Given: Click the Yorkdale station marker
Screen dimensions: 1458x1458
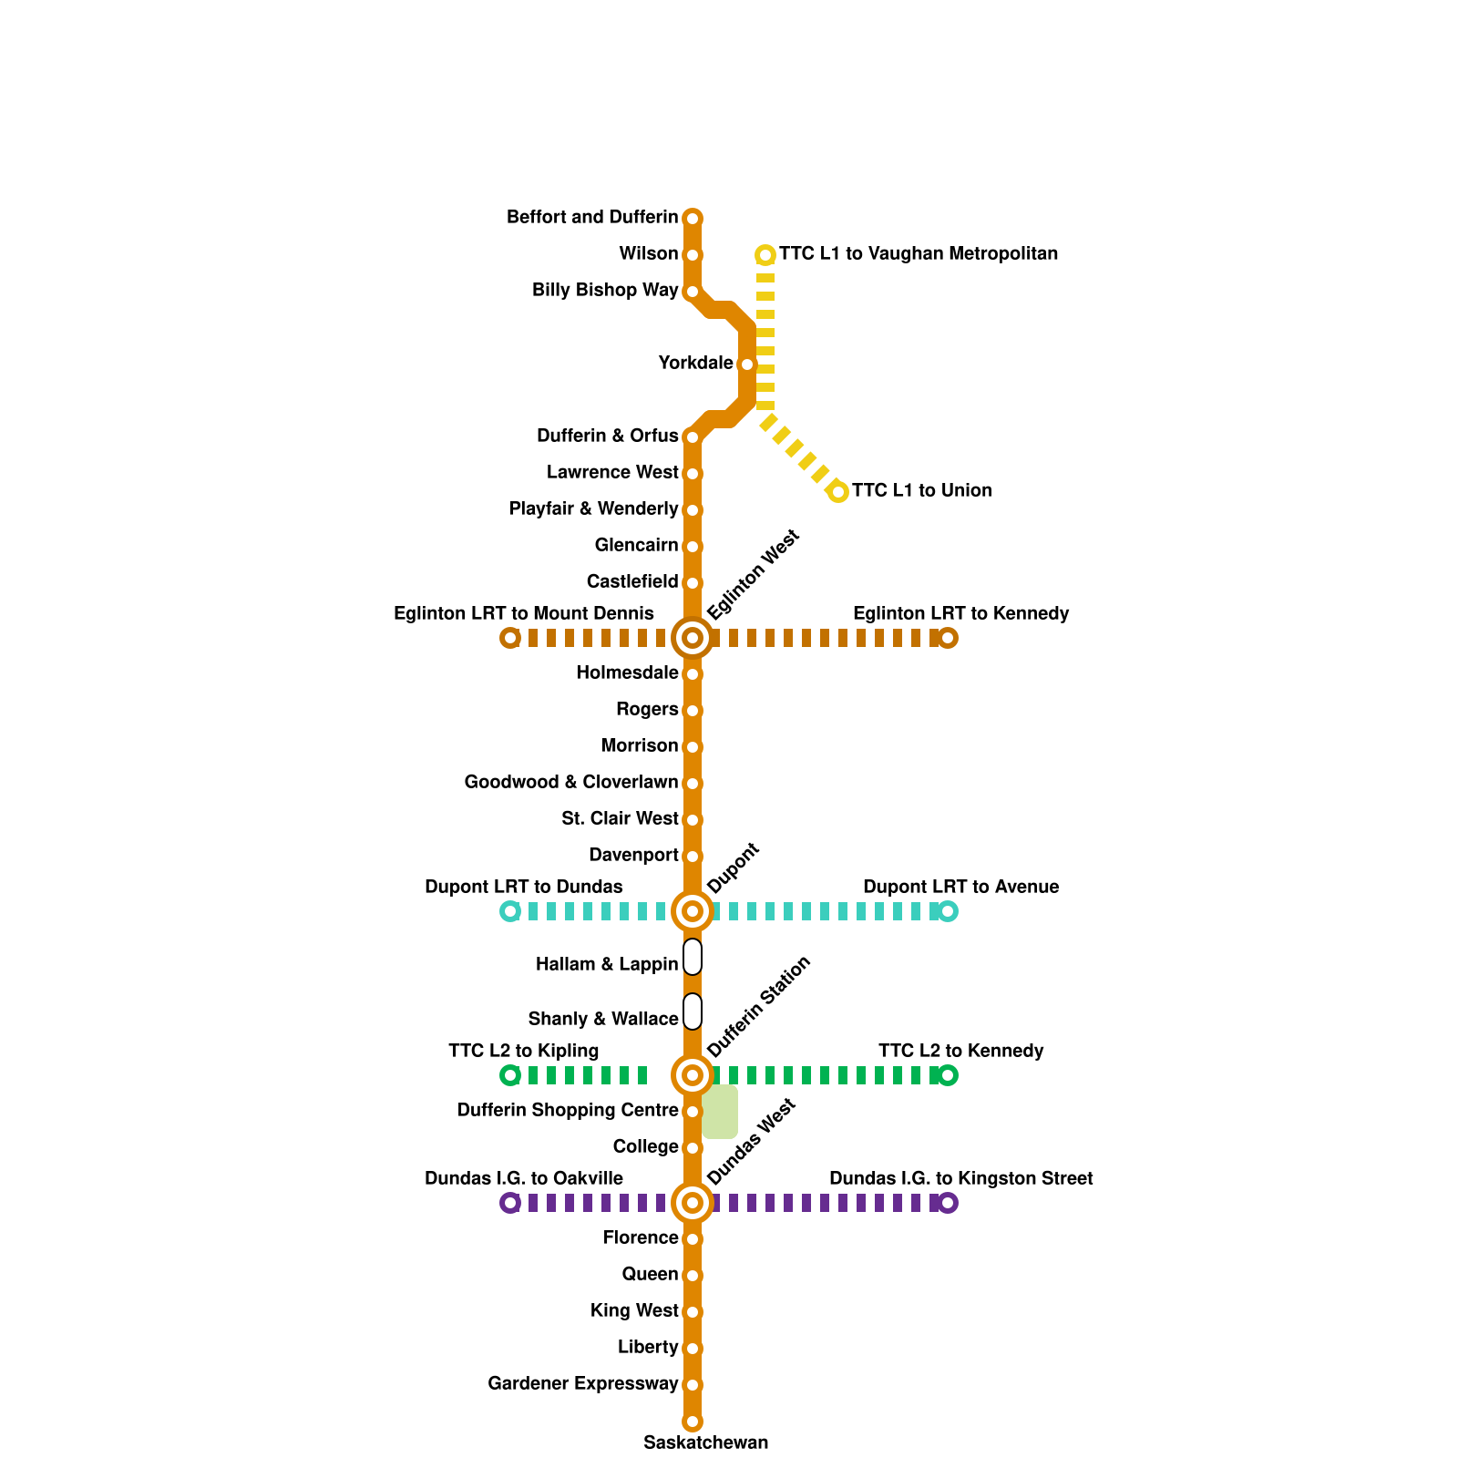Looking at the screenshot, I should (x=747, y=364).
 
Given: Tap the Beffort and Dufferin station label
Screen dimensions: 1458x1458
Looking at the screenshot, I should (x=592, y=217).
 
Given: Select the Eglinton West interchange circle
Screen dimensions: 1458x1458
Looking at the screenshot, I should (x=693, y=638).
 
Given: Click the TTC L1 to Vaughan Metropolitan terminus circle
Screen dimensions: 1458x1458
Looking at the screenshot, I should (x=765, y=255).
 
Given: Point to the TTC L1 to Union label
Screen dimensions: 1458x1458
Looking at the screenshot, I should (x=921, y=490).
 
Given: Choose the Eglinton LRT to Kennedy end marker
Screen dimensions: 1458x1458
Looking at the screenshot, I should (x=948, y=638).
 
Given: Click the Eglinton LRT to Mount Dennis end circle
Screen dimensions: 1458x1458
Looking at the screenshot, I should (x=510, y=638).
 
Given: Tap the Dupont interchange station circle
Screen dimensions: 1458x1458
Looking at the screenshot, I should (x=693, y=911).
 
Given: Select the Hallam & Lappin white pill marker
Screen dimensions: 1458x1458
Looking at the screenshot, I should (x=693, y=957).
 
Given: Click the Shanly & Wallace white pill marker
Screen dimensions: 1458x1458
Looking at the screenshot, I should (x=693, y=1011).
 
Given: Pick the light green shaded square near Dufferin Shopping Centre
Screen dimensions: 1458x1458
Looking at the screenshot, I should (x=720, y=1112).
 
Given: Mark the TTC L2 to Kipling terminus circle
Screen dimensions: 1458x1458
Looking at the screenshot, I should (x=510, y=1075).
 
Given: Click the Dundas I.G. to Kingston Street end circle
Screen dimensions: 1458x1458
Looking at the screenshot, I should (x=948, y=1203).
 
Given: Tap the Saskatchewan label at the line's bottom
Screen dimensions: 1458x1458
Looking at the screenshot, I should (x=705, y=1443).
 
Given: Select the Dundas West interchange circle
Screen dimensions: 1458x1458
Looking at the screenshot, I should (x=693, y=1203).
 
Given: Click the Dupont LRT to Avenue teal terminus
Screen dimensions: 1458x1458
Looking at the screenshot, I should (x=948, y=911).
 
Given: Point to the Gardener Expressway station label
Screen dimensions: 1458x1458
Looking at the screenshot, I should (x=583, y=1383).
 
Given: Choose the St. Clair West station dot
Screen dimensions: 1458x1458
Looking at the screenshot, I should (x=693, y=820).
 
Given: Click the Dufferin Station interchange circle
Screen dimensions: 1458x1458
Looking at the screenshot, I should (x=693, y=1075).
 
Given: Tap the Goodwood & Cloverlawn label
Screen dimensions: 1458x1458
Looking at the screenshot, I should (x=571, y=782).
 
